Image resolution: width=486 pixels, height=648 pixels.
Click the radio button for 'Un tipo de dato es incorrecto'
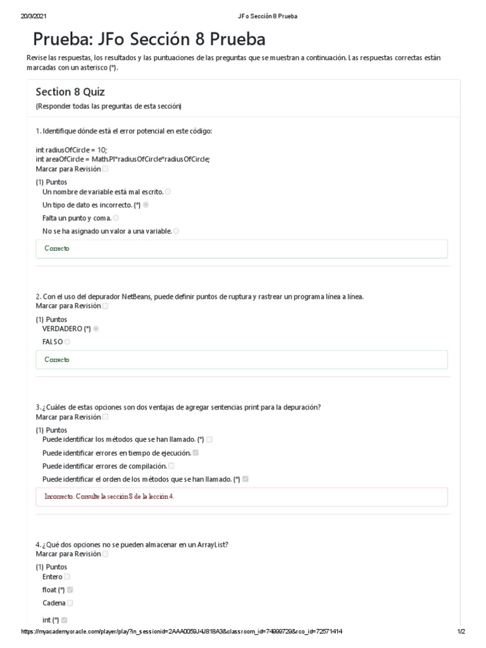[x=146, y=205]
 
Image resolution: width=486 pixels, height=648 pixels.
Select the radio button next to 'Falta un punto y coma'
[x=116, y=218]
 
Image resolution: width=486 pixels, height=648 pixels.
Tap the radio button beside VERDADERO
[x=96, y=329]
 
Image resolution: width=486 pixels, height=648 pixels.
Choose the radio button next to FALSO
[x=67, y=342]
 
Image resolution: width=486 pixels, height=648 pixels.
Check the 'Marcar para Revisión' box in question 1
[x=105, y=170]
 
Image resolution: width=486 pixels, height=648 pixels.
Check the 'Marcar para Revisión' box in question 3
[x=105, y=418]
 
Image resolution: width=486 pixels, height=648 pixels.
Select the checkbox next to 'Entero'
[x=67, y=577]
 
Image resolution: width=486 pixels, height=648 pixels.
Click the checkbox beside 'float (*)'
[x=70, y=590]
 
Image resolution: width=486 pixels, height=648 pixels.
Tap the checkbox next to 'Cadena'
[x=70, y=603]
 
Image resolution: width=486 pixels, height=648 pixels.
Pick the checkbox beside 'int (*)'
[x=65, y=620]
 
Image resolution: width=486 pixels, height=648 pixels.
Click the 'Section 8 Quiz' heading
[x=70, y=92]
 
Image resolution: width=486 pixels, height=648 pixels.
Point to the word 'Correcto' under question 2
[x=57, y=360]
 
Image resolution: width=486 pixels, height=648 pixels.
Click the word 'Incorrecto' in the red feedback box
[x=59, y=497]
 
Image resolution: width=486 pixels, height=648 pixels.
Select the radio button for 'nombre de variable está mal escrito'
[x=168, y=192]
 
